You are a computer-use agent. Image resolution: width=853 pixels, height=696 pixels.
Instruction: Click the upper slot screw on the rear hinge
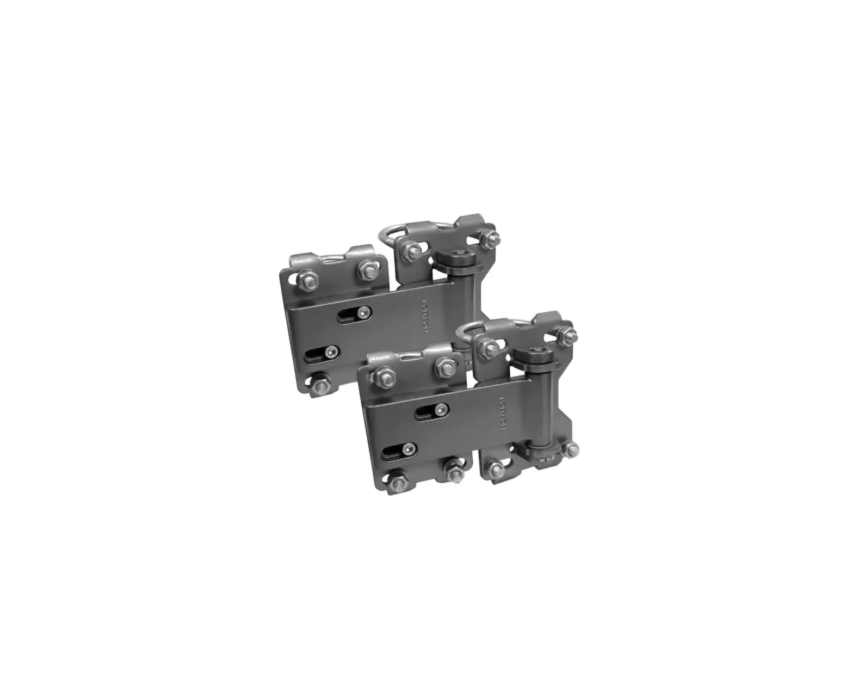pos(366,312)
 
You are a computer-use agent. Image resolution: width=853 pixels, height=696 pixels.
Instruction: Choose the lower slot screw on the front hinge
pos(410,449)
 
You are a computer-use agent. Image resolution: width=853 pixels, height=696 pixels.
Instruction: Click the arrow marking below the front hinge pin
pos(542,458)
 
